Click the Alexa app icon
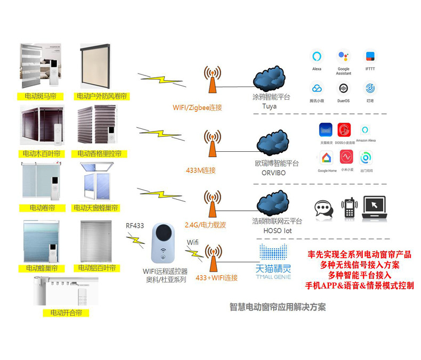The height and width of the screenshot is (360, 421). click(317, 56)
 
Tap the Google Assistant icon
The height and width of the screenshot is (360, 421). click(343, 56)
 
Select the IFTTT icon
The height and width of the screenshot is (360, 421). click(370, 56)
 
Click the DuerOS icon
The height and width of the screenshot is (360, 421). click(343, 88)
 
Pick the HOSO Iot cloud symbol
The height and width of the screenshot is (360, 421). click(272, 203)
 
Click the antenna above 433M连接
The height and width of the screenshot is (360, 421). click(212, 143)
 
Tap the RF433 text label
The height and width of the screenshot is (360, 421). click(135, 226)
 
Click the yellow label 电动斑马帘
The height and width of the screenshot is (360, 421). click(40, 96)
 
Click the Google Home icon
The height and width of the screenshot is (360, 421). click(327, 158)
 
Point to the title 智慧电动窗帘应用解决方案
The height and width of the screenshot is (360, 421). click(277, 307)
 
